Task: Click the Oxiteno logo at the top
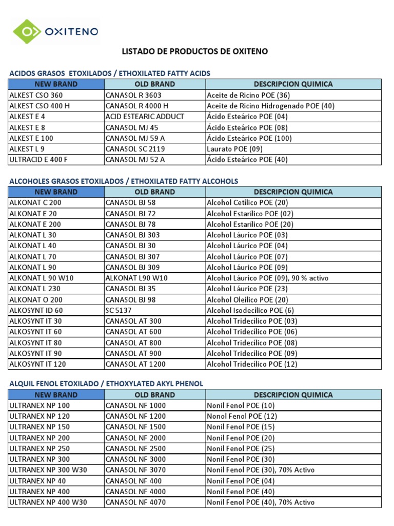click(x=55, y=31)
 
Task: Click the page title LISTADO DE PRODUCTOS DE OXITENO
click(x=194, y=51)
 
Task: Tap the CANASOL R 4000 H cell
click(x=133, y=106)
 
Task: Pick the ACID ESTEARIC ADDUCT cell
click(x=145, y=117)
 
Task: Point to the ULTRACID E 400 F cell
click(x=39, y=160)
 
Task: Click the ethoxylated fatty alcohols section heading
click(x=124, y=181)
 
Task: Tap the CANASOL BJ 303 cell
click(x=132, y=235)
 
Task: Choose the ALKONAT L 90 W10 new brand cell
click(x=42, y=278)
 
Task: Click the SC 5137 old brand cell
click(x=120, y=310)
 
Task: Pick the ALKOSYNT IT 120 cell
click(x=37, y=364)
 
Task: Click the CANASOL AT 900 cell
click(x=133, y=353)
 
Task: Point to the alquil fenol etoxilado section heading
click(x=106, y=384)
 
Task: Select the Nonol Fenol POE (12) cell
click(x=242, y=417)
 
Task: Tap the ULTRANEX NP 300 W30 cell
click(x=48, y=470)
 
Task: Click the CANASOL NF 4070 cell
click(x=135, y=502)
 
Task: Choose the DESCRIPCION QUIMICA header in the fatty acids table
click(x=293, y=84)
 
